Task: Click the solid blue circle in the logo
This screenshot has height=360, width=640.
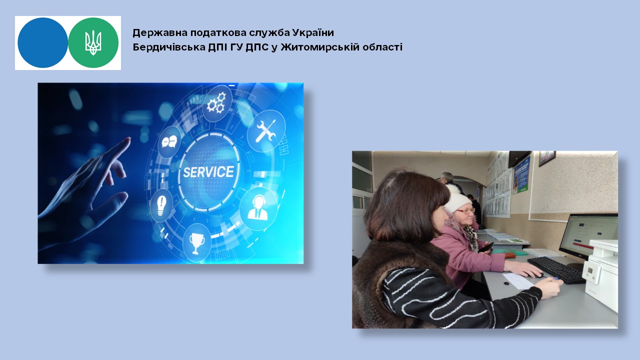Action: pos(43,43)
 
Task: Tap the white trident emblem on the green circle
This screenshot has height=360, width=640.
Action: pos(93,43)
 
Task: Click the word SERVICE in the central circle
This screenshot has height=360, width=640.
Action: pos(208,172)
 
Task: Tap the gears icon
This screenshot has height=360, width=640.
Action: pos(216,103)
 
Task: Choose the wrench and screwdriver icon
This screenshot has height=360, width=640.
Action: pos(265,131)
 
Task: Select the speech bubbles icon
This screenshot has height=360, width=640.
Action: pos(169,141)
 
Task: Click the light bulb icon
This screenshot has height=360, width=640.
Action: pos(161,205)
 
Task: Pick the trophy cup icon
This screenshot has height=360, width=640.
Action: pos(196,243)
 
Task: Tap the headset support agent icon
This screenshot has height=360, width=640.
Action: pos(258,208)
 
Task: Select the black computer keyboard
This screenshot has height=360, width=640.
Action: pos(556,269)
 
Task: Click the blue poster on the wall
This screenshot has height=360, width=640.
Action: pos(521,175)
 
